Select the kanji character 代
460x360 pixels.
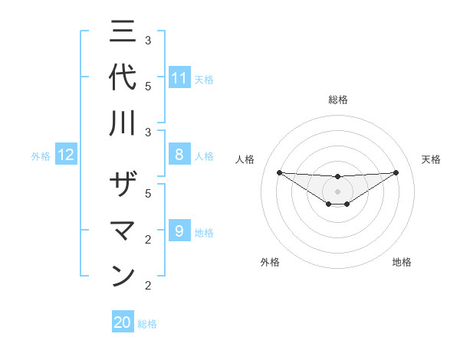click(x=123, y=77)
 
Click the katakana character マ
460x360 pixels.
click(x=123, y=231)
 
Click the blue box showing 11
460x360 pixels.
click(x=179, y=78)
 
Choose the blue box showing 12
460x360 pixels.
click(x=66, y=155)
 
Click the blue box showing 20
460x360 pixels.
click(x=123, y=323)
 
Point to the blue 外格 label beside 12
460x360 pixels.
click(x=41, y=156)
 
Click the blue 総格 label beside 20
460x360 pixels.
click(x=147, y=324)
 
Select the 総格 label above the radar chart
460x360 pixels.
click(x=337, y=100)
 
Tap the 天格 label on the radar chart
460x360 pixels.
click(x=431, y=159)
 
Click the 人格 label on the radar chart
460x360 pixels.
click(x=245, y=159)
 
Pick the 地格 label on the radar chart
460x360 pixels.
click(x=402, y=262)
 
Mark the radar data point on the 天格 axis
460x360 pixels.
click(x=396, y=172)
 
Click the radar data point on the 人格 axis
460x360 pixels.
click(x=279, y=172)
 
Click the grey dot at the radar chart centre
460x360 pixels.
click(x=337, y=191)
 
